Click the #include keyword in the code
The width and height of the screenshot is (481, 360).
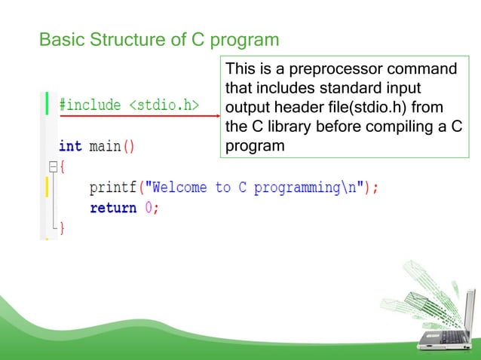pos(90,105)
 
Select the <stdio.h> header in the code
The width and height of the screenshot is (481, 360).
pos(164,105)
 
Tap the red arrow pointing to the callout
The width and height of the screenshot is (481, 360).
pos(140,116)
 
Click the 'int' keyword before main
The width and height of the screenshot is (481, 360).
pos(70,145)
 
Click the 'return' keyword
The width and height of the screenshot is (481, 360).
pos(113,208)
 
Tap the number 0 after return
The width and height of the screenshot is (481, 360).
pos(149,208)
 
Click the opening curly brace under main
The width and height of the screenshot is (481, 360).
pos(63,166)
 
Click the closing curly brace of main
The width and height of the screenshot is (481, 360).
pos(63,228)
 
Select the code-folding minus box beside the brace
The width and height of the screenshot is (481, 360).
pos(52,166)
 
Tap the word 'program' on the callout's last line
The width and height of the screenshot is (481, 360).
pos(255,145)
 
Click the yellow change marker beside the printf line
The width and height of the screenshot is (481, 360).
pos(47,187)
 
